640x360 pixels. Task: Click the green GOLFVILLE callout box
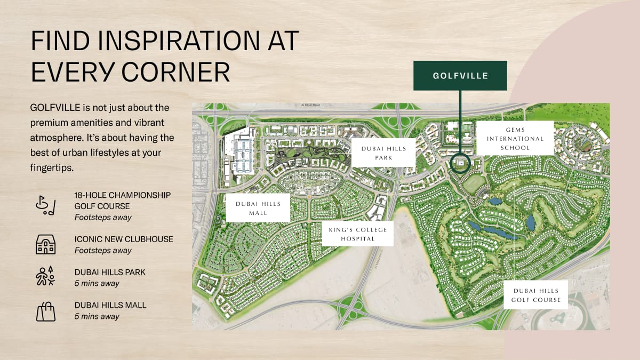point(460,75)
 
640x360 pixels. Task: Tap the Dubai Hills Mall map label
point(258,207)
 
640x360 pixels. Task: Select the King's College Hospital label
point(357,234)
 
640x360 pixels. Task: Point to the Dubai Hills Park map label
point(383,153)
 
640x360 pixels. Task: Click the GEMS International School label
point(515,138)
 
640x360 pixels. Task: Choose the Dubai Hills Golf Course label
point(536,295)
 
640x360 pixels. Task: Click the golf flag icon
point(45,206)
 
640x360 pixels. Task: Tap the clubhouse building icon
point(45,244)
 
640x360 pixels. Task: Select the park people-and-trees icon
point(45,277)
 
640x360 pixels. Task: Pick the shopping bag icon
point(45,310)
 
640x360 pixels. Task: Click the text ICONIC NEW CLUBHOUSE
point(124,239)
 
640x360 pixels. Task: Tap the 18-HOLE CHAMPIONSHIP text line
point(123,195)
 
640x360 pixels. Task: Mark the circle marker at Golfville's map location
point(460,164)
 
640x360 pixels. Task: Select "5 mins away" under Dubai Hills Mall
point(97,316)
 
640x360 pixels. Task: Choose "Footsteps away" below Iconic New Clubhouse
point(103,250)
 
